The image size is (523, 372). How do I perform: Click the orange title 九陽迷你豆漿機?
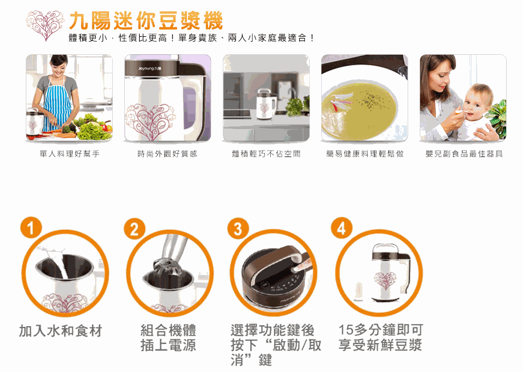click(x=146, y=21)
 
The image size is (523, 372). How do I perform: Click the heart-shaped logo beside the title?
click(x=45, y=25)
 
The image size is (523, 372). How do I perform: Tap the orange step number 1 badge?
click(x=31, y=228)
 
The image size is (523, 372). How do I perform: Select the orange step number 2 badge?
click(x=134, y=229)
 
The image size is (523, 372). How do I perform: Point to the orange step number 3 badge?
click(x=238, y=229)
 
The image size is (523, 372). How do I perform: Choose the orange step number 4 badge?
click(x=341, y=229)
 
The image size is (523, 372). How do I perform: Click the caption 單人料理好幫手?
click(x=70, y=154)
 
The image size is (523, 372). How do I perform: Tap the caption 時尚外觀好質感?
click(x=167, y=154)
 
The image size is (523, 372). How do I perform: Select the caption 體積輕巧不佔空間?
click(x=266, y=154)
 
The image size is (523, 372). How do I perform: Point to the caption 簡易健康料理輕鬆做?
click(x=364, y=154)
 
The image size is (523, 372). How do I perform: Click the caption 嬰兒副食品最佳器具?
click(x=464, y=154)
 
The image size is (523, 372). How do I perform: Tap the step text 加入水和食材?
click(x=61, y=331)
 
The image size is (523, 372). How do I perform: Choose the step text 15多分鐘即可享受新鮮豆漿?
click(x=381, y=337)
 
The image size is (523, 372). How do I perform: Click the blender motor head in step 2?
click(x=167, y=265)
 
